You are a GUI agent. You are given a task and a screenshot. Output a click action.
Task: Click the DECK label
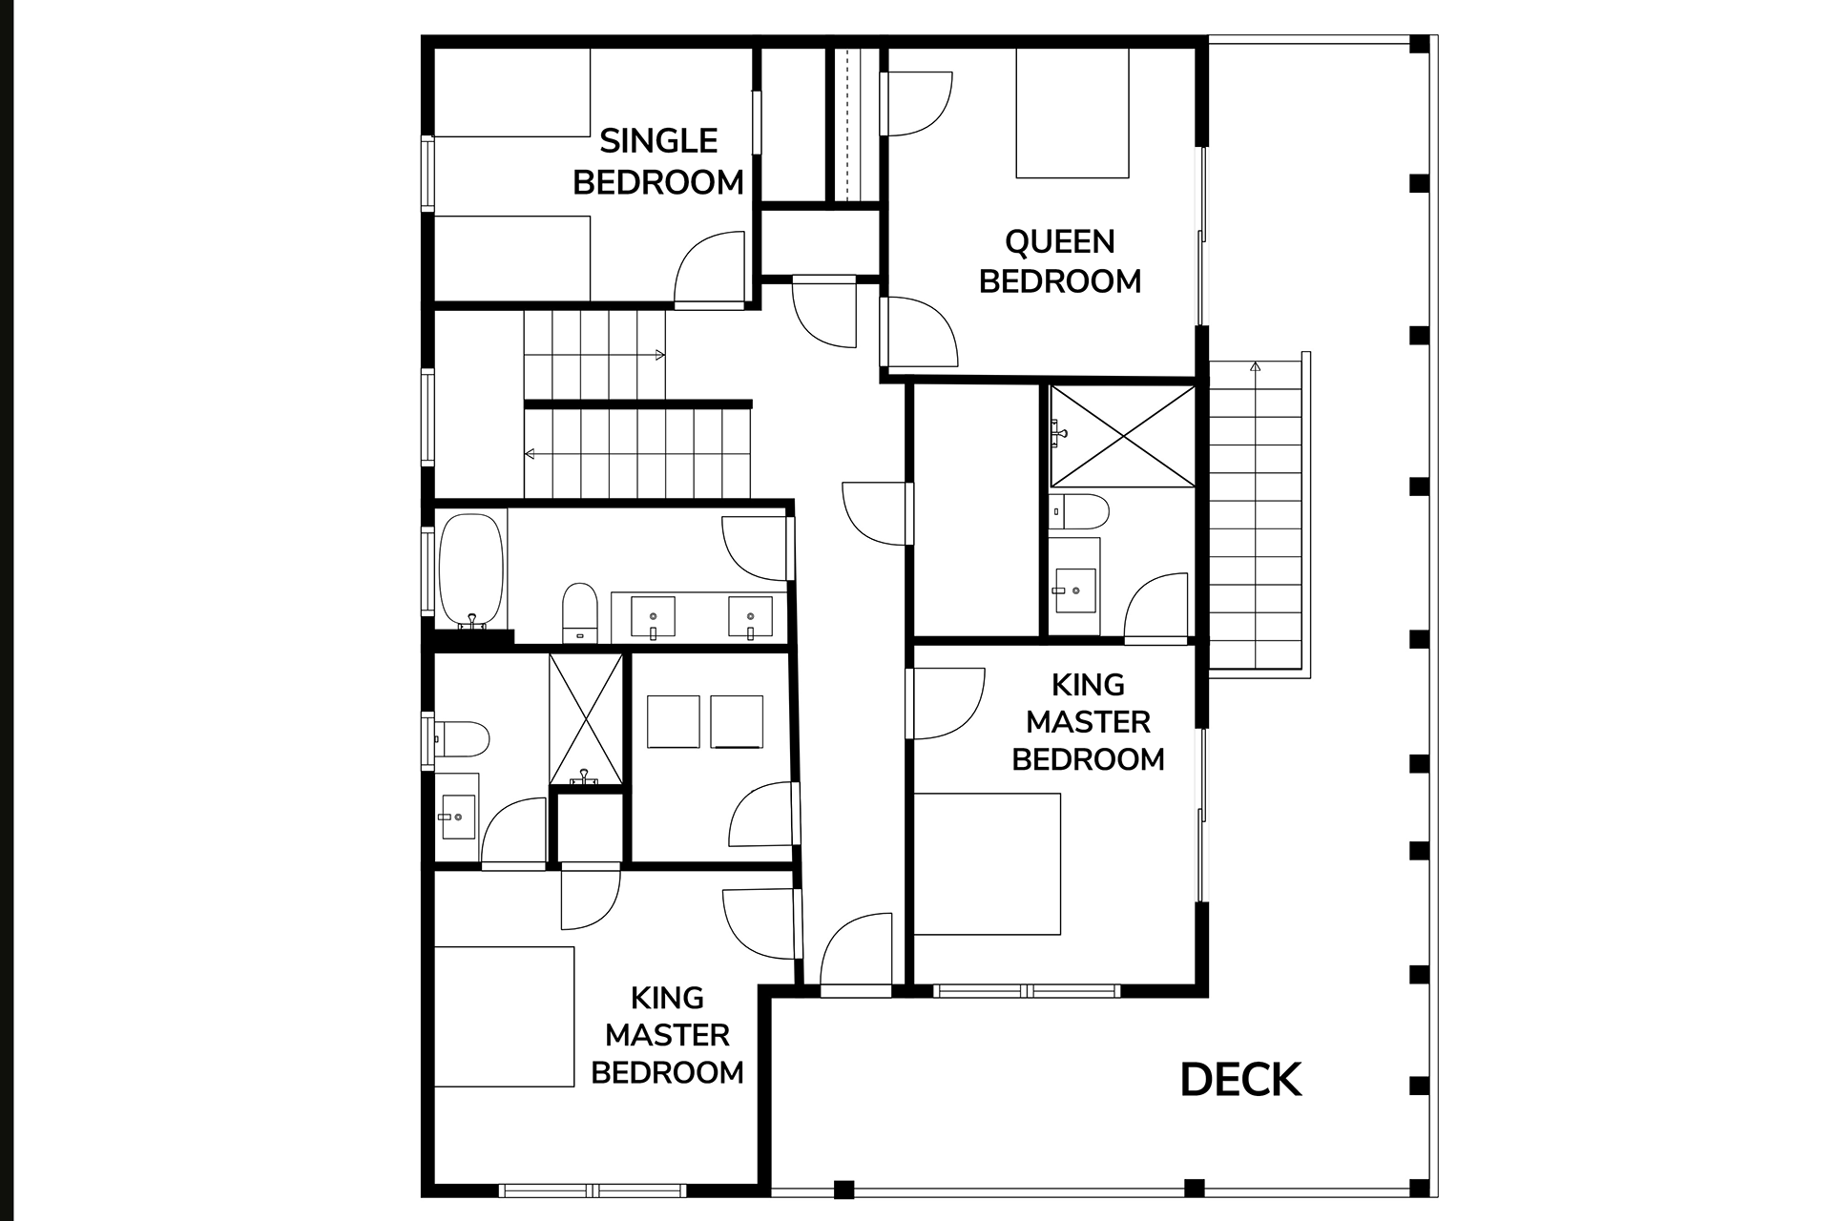(1240, 1080)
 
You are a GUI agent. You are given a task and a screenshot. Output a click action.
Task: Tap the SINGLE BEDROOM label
(658, 161)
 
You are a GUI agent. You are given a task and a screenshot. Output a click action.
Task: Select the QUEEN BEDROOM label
(1060, 261)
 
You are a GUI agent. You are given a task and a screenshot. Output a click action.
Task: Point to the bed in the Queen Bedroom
(1072, 113)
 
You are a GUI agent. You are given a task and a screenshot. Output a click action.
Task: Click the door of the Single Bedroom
(709, 270)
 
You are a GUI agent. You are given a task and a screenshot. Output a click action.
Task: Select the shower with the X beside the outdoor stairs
(1122, 437)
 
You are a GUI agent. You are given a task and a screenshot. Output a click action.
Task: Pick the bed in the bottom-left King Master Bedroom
(505, 1017)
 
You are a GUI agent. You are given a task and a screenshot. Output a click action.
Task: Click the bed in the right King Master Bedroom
(988, 864)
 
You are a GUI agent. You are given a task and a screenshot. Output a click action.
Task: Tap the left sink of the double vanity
(654, 616)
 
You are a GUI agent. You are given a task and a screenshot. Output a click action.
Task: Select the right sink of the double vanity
(751, 616)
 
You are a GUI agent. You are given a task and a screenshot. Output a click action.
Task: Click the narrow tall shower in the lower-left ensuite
(586, 719)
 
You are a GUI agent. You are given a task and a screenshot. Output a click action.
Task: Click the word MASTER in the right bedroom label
(1088, 722)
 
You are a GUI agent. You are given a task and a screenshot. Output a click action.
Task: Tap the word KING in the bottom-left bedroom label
(667, 998)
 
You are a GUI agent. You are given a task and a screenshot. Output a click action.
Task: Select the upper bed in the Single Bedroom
(512, 92)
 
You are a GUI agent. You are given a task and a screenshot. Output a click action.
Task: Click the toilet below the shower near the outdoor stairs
(1079, 512)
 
